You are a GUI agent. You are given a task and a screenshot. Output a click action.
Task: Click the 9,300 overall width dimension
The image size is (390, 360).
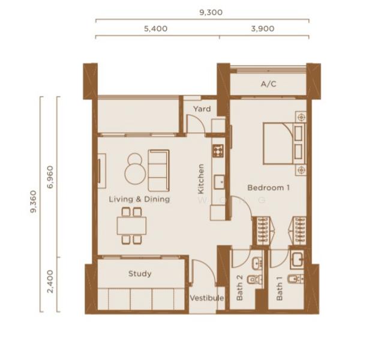(211, 13)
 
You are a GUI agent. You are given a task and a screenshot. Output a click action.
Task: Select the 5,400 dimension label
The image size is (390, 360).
(156, 29)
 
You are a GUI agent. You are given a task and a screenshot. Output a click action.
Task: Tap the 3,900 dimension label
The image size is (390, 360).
(263, 29)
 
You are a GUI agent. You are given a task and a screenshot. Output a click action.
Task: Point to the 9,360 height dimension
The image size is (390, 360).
(33, 202)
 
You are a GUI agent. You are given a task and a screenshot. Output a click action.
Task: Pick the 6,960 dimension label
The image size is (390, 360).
(50, 177)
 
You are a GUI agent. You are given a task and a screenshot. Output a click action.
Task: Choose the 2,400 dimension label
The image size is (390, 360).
(50, 281)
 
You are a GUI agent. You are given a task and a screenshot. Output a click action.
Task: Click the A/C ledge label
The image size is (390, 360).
(269, 84)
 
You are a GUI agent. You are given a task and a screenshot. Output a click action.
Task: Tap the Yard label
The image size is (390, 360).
(202, 109)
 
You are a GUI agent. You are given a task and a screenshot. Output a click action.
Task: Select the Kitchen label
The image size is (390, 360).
(201, 179)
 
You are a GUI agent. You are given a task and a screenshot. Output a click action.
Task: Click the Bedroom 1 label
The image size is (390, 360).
(269, 187)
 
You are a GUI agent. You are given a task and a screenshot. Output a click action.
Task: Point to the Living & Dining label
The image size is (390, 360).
(139, 199)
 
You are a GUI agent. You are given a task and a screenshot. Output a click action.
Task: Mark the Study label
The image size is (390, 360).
(140, 274)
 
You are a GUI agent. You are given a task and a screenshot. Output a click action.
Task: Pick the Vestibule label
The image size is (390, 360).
(206, 298)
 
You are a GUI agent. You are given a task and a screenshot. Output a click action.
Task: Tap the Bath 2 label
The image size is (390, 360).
(239, 287)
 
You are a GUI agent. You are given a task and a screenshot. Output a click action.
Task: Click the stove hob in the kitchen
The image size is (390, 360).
(218, 151)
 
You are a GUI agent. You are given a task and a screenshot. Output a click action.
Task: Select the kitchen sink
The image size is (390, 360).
(220, 182)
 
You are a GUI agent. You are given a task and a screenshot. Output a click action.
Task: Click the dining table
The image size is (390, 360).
(131, 226)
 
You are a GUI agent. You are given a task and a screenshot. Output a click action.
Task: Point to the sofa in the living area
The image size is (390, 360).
(158, 170)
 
